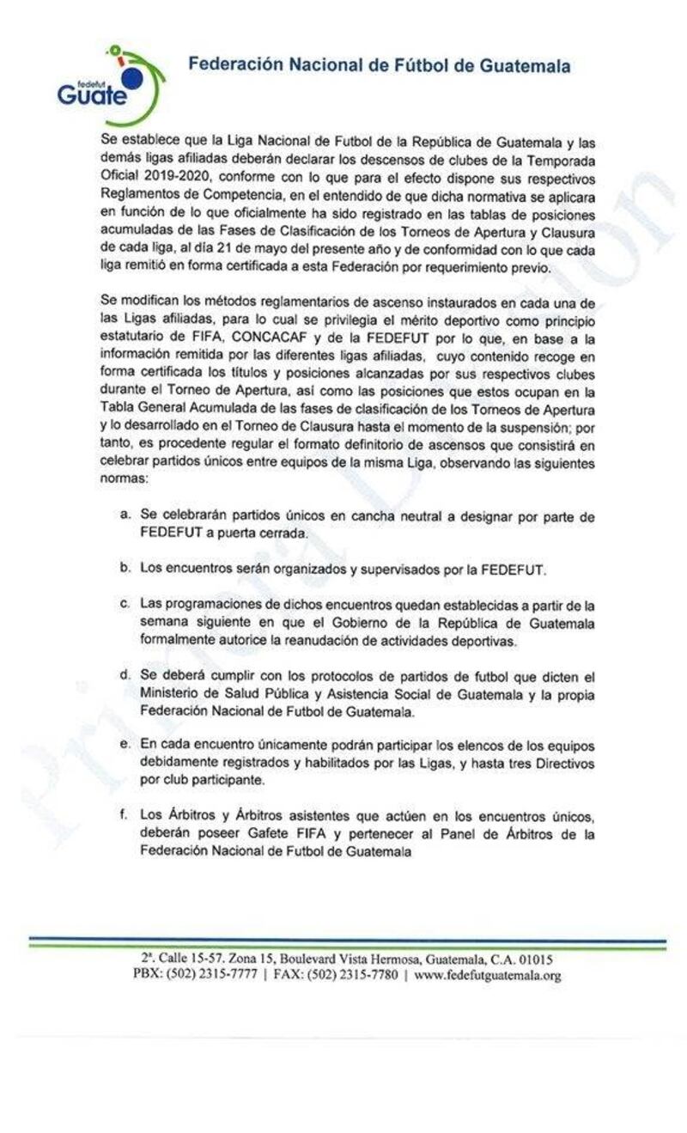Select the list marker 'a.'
click(x=125, y=515)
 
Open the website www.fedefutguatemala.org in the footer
click(x=487, y=975)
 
